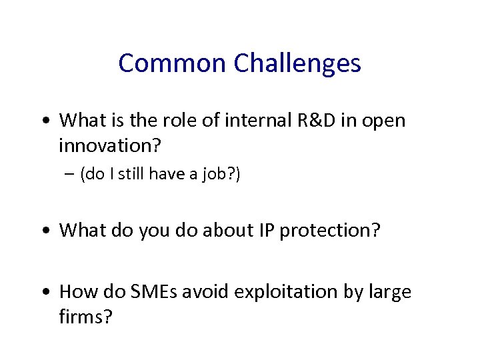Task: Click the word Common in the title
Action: click(173, 63)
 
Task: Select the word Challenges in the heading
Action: click(297, 63)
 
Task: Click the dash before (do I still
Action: click(69, 174)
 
